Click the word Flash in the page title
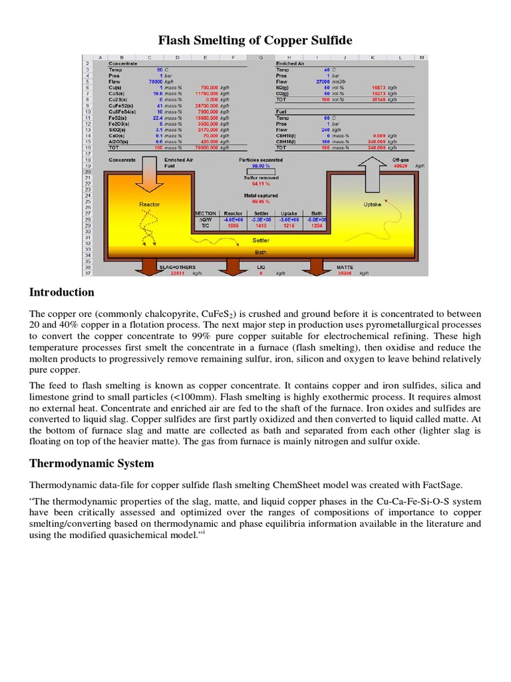click(x=175, y=41)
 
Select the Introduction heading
click(x=62, y=292)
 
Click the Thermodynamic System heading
click(x=92, y=463)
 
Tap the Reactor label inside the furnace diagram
click(x=149, y=204)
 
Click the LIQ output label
click(x=261, y=266)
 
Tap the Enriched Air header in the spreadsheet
click(x=291, y=63)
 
